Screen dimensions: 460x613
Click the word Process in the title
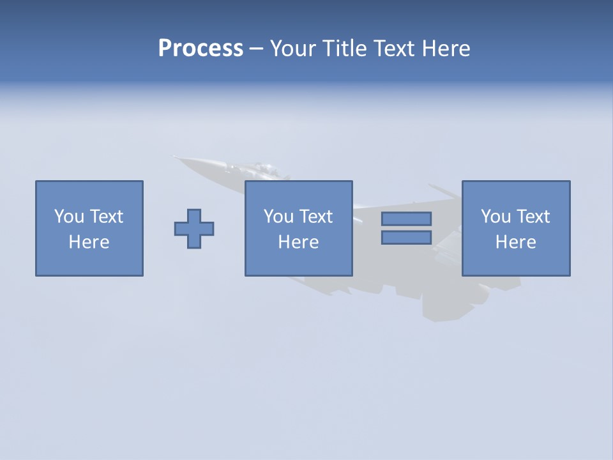coord(201,49)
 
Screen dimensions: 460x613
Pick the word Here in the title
coord(446,49)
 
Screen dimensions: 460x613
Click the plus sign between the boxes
coord(194,228)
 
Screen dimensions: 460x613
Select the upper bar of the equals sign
coord(406,218)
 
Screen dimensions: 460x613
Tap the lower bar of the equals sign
coord(406,237)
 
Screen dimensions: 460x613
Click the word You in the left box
coord(69,217)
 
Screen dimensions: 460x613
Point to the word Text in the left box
coord(105,217)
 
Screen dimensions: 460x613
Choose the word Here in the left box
coord(89,242)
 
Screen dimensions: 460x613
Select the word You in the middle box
coord(278,217)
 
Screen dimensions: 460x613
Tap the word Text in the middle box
coord(315,217)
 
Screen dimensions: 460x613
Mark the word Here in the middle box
coord(298,242)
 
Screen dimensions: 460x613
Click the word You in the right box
coord(496,217)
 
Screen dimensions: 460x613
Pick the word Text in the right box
coord(532,217)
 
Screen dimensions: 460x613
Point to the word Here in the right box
coord(515,242)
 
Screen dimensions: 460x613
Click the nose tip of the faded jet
coord(174,157)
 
